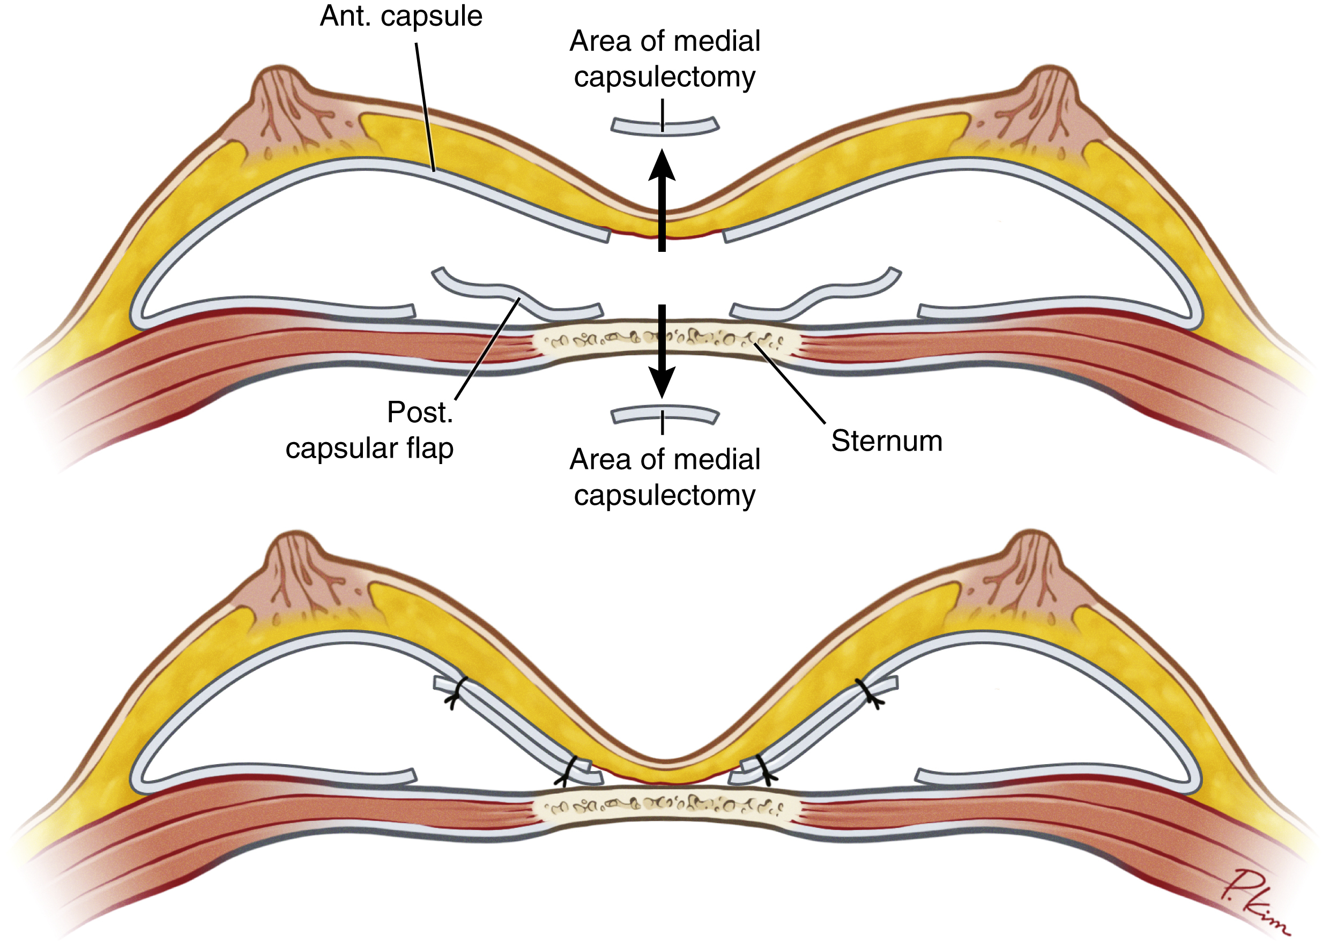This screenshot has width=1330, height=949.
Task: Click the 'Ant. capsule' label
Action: (x=401, y=17)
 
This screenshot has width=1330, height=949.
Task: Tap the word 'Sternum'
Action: (x=886, y=440)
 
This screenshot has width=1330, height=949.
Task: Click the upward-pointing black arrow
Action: (x=662, y=199)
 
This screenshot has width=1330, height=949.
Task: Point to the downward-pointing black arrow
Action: (x=662, y=350)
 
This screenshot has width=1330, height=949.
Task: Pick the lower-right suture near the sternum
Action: (x=763, y=770)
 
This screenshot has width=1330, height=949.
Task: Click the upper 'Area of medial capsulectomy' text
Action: (x=665, y=58)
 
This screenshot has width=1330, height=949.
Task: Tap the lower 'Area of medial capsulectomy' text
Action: (x=665, y=477)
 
